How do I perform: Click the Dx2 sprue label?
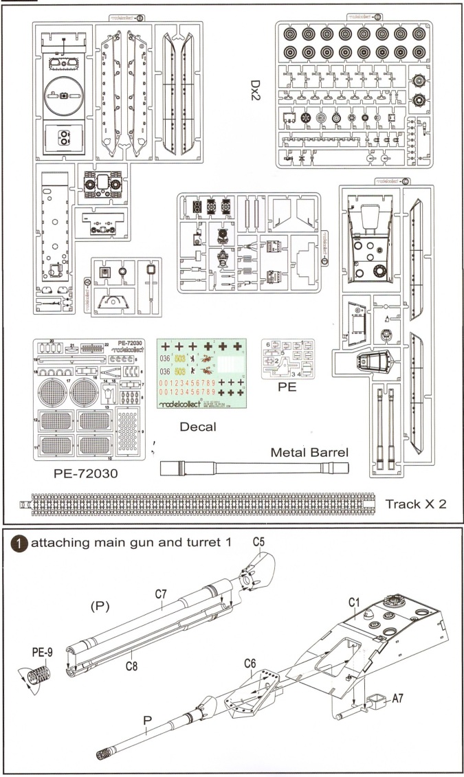(x=256, y=87)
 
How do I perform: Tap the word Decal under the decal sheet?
(x=197, y=427)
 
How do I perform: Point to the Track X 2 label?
(x=416, y=504)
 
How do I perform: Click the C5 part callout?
(x=258, y=541)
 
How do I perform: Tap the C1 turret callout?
(x=355, y=602)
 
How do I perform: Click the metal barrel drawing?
(x=254, y=469)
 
